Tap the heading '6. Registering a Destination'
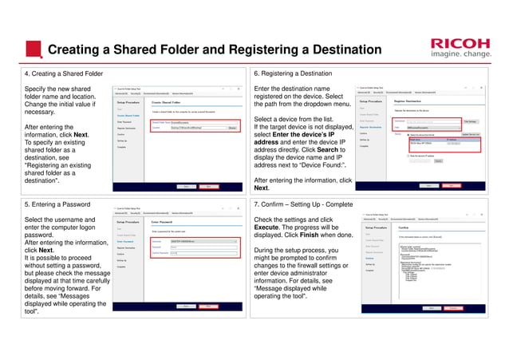click(293, 73)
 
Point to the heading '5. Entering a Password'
click(53, 204)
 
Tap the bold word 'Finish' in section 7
click(326, 235)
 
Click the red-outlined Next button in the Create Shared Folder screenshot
click(209, 186)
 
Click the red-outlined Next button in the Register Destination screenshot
click(457, 186)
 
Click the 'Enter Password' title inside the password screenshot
click(162, 222)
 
